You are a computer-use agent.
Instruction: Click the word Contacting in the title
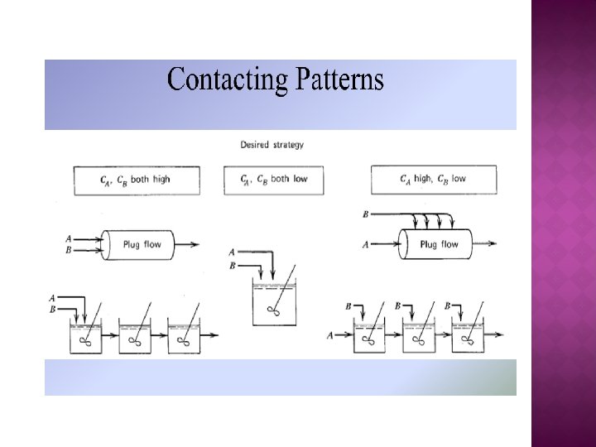(x=222, y=80)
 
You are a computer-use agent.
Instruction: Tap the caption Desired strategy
(x=272, y=144)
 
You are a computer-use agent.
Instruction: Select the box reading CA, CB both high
(x=136, y=180)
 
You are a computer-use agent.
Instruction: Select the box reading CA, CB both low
(x=276, y=180)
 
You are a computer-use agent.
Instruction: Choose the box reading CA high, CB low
(x=434, y=180)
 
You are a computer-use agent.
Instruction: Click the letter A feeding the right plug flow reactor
(x=366, y=244)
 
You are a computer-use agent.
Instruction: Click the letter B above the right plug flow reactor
(x=366, y=214)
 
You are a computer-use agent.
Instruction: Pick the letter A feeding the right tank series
(x=330, y=335)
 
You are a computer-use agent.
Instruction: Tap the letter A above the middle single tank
(x=231, y=252)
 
